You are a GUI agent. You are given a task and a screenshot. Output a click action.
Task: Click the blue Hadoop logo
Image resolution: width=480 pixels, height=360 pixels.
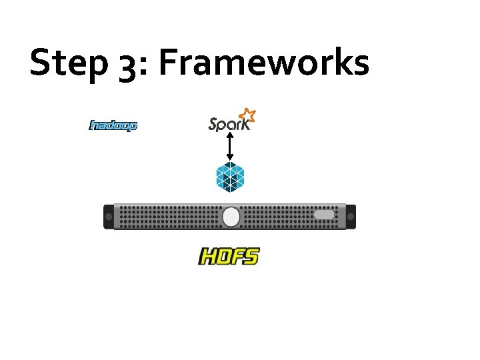pyautogui.click(x=113, y=125)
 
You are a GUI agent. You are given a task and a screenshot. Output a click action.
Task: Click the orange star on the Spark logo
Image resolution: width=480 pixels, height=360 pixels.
pyautogui.click(x=248, y=115)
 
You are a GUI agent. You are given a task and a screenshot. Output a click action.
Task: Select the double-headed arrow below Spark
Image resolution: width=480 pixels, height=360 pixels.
pyautogui.click(x=230, y=146)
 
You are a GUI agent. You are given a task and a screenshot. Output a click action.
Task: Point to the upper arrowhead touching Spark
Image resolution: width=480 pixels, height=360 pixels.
pyautogui.click(x=230, y=135)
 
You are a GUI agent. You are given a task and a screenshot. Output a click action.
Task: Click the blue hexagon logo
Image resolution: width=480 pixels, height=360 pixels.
pyautogui.click(x=230, y=177)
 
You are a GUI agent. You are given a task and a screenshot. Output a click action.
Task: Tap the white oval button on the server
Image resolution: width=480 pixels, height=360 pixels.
pyautogui.click(x=231, y=217)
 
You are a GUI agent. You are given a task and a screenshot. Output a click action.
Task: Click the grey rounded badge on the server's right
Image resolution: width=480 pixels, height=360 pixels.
pyautogui.click(x=324, y=215)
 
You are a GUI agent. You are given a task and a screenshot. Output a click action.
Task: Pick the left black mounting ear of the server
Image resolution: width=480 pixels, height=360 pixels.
pyautogui.click(x=108, y=217)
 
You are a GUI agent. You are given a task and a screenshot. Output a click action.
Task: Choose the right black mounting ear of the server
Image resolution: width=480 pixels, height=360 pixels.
pyautogui.click(x=351, y=217)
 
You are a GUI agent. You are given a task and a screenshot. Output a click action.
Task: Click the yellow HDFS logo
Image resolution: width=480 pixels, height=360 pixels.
pyautogui.click(x=229, y=256)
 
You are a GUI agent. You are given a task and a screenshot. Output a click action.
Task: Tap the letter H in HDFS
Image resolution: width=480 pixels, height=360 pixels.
pyautogui.click(x=207, y=257)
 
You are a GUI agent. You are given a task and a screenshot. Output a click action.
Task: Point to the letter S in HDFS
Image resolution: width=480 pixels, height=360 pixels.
pyautogui.click(x=250, y=255)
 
